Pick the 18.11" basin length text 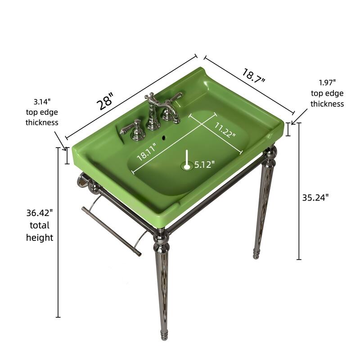tap(147, 152)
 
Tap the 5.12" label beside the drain tap(204, 165)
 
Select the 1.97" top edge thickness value tap(327, 82)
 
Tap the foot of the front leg tap(164, 335)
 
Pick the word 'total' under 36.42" tap(40, 225)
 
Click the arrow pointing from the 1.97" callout tap(299, 116)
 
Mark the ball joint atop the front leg tap(161, 235)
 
